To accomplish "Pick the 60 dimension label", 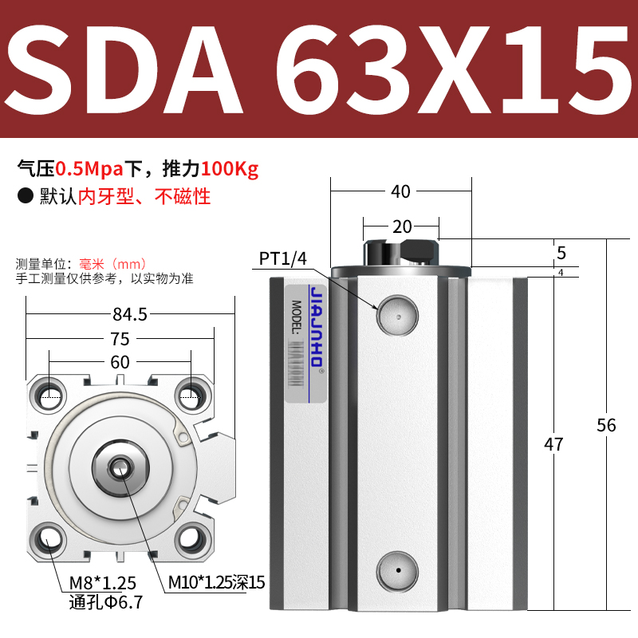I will pos(120,362).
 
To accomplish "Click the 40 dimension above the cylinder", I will pos(400,191).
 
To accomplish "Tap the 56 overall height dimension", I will pos(607,425).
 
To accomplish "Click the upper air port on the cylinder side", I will pos(397,313).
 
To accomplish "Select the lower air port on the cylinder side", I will pos(397,569).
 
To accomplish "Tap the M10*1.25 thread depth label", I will pos(215,583).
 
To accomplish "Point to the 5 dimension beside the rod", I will pos(561,254).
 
